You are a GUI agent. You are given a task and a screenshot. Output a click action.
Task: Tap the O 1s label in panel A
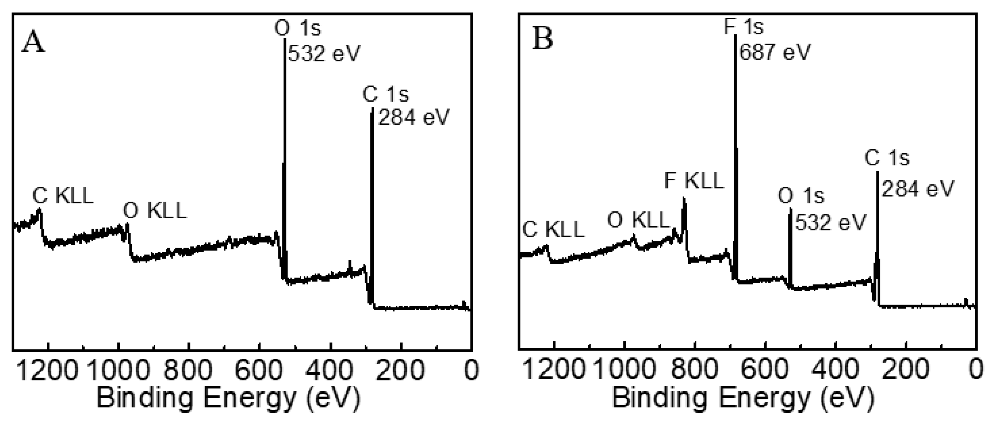point(297,28)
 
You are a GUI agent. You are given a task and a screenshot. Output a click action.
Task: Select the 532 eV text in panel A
point(324,53)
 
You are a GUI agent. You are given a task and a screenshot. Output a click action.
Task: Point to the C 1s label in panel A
point(385,94)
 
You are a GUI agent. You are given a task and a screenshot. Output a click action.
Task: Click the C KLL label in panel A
point(63,196)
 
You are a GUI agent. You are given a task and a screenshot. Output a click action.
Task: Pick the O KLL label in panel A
point(155,211)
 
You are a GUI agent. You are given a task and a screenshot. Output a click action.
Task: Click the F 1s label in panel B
point(744,27)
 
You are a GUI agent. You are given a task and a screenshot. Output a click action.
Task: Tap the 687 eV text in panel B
point(774,52)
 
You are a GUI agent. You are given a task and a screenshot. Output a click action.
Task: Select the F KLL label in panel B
point(694,181)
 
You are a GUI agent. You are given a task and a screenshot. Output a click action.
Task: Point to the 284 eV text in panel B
point(918,189)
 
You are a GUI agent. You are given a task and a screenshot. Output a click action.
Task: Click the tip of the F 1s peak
point(735,36)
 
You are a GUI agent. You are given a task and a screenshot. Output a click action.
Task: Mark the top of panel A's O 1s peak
point(285,38)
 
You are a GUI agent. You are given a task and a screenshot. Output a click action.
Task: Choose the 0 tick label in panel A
point(471,370)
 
